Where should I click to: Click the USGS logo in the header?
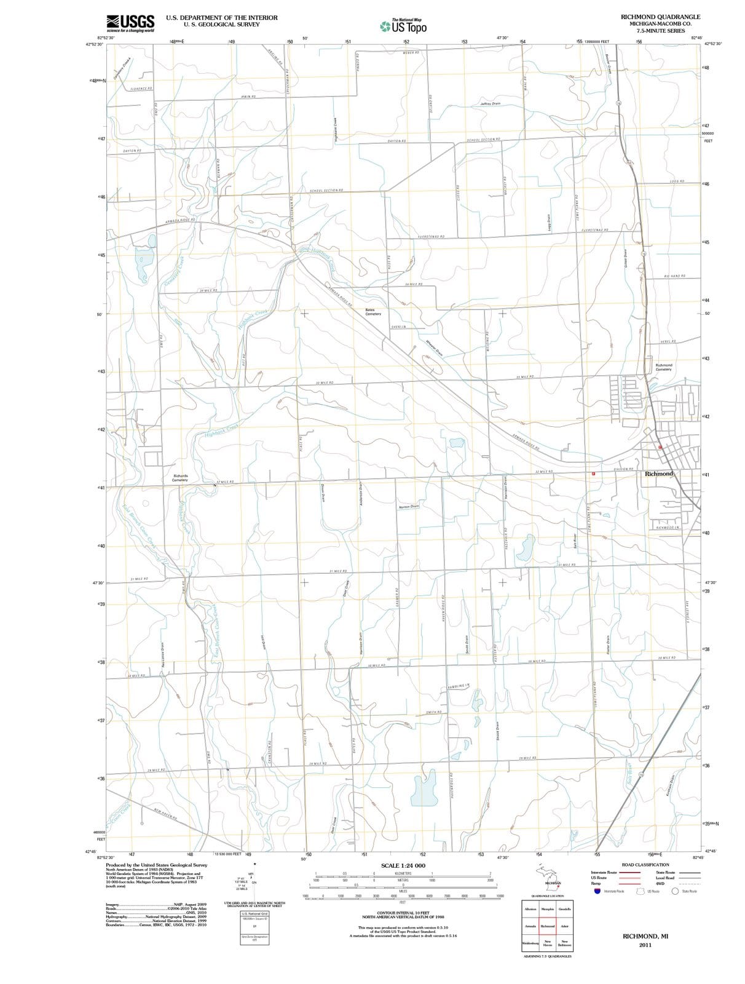(x=130, y=23)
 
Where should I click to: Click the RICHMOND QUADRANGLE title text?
(x=660, y=17)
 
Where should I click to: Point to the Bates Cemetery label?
(x=373, y=312)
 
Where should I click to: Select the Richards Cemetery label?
(x=180, y=478)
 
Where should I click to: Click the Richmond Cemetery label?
(x=663, y=367)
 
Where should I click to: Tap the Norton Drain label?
(x=409, y=507)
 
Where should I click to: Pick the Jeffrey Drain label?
(x=490, y=104)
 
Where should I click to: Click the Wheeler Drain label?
(x=435, y=347)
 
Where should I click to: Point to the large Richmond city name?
(x=659, y=474)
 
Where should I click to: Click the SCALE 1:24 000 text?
(x=403, y=866)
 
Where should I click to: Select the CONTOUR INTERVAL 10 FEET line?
(x=403, y=913)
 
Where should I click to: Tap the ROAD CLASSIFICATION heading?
(x=645, y=865)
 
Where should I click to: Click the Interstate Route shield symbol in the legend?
(x=596, y=891)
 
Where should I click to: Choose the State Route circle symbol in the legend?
(x=674, y=891)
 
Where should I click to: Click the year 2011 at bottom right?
(x=645, y=945)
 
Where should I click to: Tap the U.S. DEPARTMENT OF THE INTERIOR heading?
(x=221, y=18)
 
